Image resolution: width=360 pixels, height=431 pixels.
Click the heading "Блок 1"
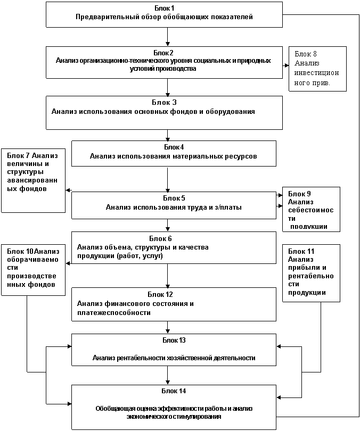pos(164,8)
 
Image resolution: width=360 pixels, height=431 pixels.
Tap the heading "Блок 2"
pos(163,53)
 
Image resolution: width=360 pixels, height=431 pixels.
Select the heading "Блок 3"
pos(164,103)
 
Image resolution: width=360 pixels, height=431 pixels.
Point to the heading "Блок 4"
pos(174,147)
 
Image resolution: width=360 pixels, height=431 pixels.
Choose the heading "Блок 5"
pos(174,198)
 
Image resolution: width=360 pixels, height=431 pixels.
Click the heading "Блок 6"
pos(160,238)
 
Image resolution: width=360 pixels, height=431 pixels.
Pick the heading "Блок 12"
pos(160,294)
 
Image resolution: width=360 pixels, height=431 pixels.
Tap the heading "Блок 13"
pos(174,340)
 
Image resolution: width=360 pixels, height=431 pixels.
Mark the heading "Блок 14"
pos(174,391)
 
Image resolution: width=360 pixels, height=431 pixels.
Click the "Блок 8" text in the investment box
pos(306,54)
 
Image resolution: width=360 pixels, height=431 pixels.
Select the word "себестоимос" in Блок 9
pos(311,210)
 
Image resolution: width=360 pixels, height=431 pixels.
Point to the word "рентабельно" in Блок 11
pos(311,276)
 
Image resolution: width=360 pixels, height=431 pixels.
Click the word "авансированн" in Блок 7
pos(32,180)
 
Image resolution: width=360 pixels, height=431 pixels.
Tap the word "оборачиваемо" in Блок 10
pos(32,260)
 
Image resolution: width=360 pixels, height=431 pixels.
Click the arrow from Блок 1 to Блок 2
pos(168,37)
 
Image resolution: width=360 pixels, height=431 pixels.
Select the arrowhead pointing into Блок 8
pos(287,65)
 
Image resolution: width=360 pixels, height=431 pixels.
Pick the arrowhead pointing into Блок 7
pos(68,190)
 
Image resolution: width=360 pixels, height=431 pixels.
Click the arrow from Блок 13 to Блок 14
pos(168,375)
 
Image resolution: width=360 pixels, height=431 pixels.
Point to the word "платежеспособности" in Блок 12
pos(114,312)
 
